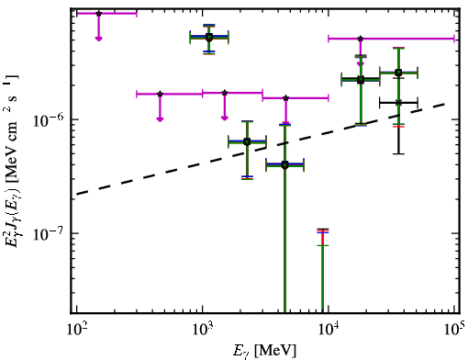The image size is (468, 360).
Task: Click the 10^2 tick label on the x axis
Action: point(76,329)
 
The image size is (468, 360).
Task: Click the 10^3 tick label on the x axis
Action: point(203,329)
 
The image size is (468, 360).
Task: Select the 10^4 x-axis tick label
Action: point(329,329)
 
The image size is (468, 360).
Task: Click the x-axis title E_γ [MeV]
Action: point(264,351)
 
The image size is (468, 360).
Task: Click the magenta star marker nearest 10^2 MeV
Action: point(98,14)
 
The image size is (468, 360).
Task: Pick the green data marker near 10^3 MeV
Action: point(209,38)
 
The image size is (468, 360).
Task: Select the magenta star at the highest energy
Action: point(361,39)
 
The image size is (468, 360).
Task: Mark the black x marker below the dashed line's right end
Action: point(398,103)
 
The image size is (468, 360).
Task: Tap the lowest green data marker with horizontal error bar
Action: point(284,165)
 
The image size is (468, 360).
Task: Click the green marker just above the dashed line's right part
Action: point(398,73)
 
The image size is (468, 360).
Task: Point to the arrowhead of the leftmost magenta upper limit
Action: point(98,39)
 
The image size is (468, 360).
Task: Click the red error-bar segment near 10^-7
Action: point(323,237)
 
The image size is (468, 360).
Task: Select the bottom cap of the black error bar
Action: point(398,153)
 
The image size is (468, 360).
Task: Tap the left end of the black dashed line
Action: point(77,194)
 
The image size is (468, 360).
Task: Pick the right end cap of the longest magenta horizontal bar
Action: point(454,39)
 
